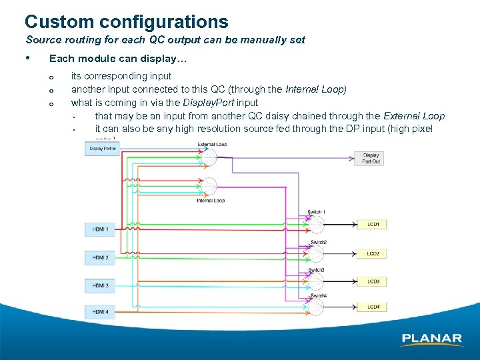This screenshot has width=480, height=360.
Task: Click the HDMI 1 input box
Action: pos(100,230)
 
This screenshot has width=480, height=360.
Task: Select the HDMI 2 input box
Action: pos(100,257)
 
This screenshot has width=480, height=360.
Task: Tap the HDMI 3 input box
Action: pos(100,285)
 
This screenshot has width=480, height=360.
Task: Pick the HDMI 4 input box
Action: pos(100,312)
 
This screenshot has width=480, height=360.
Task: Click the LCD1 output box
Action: pos(373,225)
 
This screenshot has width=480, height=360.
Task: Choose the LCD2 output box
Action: pos(373,254)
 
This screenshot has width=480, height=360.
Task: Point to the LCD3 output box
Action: pos(373,282)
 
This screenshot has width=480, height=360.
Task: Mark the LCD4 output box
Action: pos(373,307)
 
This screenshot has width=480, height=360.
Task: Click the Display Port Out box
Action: pos(371,158)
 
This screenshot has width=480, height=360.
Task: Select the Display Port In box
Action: pos(102,149)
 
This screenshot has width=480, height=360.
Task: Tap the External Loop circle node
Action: pos(209,157)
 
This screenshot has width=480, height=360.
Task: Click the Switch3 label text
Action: pos(316,269)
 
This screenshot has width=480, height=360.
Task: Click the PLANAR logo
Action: pos(432,339)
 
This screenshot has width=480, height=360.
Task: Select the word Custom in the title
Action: pos(57,23)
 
